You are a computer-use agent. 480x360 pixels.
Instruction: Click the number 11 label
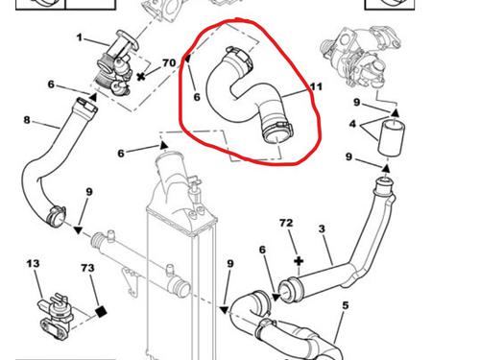coord(316,86)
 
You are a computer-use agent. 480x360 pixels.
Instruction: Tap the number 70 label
coord(169,62)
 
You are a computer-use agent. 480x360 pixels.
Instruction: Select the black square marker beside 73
coord(101,311)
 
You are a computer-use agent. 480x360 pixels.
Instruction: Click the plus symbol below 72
coord(299,261)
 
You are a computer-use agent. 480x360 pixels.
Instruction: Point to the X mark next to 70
coord(140,77)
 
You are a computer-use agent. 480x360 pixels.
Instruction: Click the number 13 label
coord(33,264)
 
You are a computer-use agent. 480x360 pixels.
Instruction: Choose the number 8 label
coord(27,120)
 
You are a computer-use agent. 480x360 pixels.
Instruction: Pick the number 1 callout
coord(80,37)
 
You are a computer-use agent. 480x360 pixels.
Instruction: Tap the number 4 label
coord(352,124)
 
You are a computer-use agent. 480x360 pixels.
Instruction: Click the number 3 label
coord(322,228)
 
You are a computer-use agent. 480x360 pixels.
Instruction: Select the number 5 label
coord(345,305)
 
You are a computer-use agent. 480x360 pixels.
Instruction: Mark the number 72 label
coord(286,223)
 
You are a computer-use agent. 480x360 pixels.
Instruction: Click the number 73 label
coord(87,268)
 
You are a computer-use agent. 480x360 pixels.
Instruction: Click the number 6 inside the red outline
coord(197,97)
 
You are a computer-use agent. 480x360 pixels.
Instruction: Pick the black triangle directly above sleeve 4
coord(396,112)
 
